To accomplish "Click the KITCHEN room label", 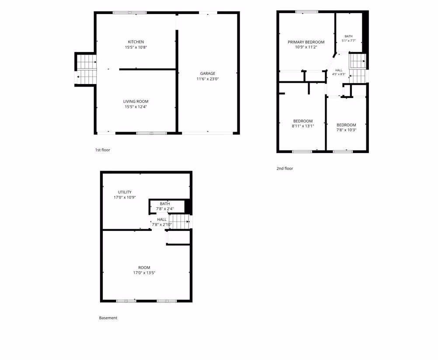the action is [x=136, y=42].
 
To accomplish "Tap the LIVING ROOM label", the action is [x=136, y=101].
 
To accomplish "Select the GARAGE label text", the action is [x=208, y=73].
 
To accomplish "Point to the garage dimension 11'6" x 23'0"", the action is [x=208, y=79].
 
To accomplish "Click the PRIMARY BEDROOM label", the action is [x=306, y=42].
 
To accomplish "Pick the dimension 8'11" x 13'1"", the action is [x=303, y=126].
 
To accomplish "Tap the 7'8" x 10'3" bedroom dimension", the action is [x=346, y=130].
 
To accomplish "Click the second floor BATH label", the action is [x=348, y=36].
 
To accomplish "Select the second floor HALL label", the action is [x=339, y=70].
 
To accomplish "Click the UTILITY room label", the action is [x=125, y=192].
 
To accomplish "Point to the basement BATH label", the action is [x=165, y=204].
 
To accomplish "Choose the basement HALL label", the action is [x=162, y=220].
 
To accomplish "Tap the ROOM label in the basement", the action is [x=144, y=268].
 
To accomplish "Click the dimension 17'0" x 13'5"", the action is [x=144, y=273].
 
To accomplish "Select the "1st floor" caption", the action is [x=103, y=150].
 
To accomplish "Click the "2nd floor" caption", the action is [x=285, y=168].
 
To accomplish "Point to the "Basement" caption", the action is [x=108, y=318].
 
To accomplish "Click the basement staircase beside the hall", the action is [x=180, y=222].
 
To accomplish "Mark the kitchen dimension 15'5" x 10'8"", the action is [x=136, y=47].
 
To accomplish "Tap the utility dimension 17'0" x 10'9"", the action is [x=125, y=197].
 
